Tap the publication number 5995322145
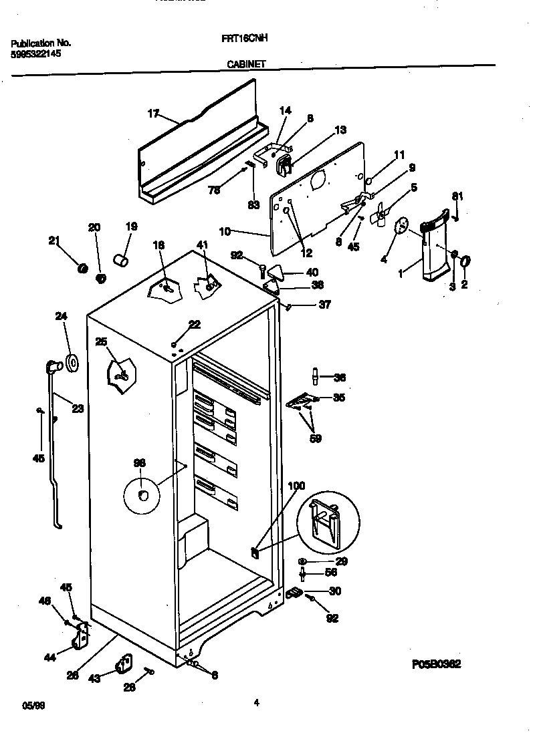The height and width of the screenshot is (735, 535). click(x=37, y=53)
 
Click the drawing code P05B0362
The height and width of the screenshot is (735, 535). click(x=436, y=664)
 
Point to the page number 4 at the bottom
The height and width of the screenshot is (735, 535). click(x=256, y=702)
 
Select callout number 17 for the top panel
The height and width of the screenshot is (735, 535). click(x=153, y=114)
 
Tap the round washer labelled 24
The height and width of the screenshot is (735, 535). click(x=71, y=363)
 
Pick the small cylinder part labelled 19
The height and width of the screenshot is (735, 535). click(x=120, y=259)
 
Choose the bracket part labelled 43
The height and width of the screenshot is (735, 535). click(x=124, y=665)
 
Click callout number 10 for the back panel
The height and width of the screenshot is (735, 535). click(x=225, y=231)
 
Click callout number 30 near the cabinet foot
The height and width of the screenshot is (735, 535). click(x=334, y=591)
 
